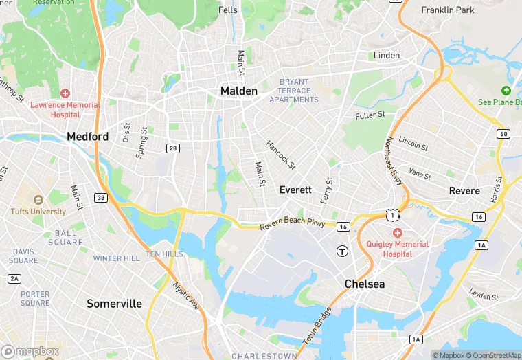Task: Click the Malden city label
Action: coord(238,91)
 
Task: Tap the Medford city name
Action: coord(87,137)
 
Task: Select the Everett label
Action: coord(295,190)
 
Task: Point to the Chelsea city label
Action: coord(364,284)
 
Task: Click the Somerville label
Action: coord(114,303)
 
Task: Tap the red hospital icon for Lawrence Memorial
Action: coord(65,93)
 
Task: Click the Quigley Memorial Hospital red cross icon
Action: coord(398,233)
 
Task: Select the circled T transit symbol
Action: coord(341,251)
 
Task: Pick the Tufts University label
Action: coord(38,212)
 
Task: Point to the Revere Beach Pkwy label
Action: coord(292,225)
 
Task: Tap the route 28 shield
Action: coord(173,148)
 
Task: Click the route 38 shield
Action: coord(101,199)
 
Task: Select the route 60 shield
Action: coord(503,133)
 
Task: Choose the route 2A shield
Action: coord(14,278)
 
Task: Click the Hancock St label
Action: coord(280,155)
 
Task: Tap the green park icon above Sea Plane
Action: coord(506,91)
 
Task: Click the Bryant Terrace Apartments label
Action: coord(294,91)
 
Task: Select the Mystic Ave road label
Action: coord(185,295)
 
